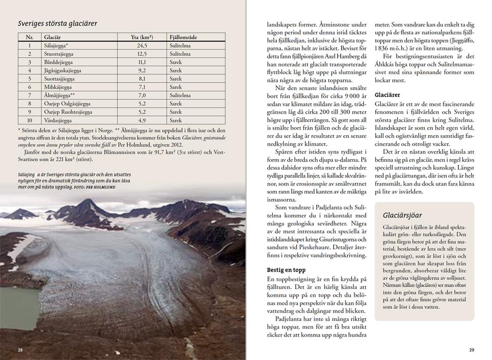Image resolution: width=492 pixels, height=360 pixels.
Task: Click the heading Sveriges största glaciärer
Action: point(57,23)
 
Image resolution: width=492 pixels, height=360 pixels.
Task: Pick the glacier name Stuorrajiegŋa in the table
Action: point(59,54)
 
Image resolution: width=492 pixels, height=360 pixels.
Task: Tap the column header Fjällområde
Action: point(183,37)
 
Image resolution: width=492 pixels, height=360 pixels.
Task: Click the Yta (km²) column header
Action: point(142,37)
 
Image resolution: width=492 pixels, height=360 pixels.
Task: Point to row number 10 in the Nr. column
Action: point(30,120)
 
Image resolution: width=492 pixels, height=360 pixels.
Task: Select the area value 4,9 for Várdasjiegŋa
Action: point(142,120)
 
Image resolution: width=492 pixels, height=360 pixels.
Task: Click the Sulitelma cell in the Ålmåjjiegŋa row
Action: point(180,95)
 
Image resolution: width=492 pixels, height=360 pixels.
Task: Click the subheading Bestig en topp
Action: point(285,270)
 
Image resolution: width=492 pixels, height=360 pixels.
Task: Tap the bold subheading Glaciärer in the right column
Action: point(387,95)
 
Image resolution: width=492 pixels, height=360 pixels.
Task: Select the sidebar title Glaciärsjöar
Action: point(402,216)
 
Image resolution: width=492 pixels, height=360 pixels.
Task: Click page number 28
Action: point(20,350)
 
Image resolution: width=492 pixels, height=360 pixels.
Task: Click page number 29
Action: point(472,350)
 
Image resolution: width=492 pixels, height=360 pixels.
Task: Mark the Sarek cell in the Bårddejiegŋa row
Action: point(176,62)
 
